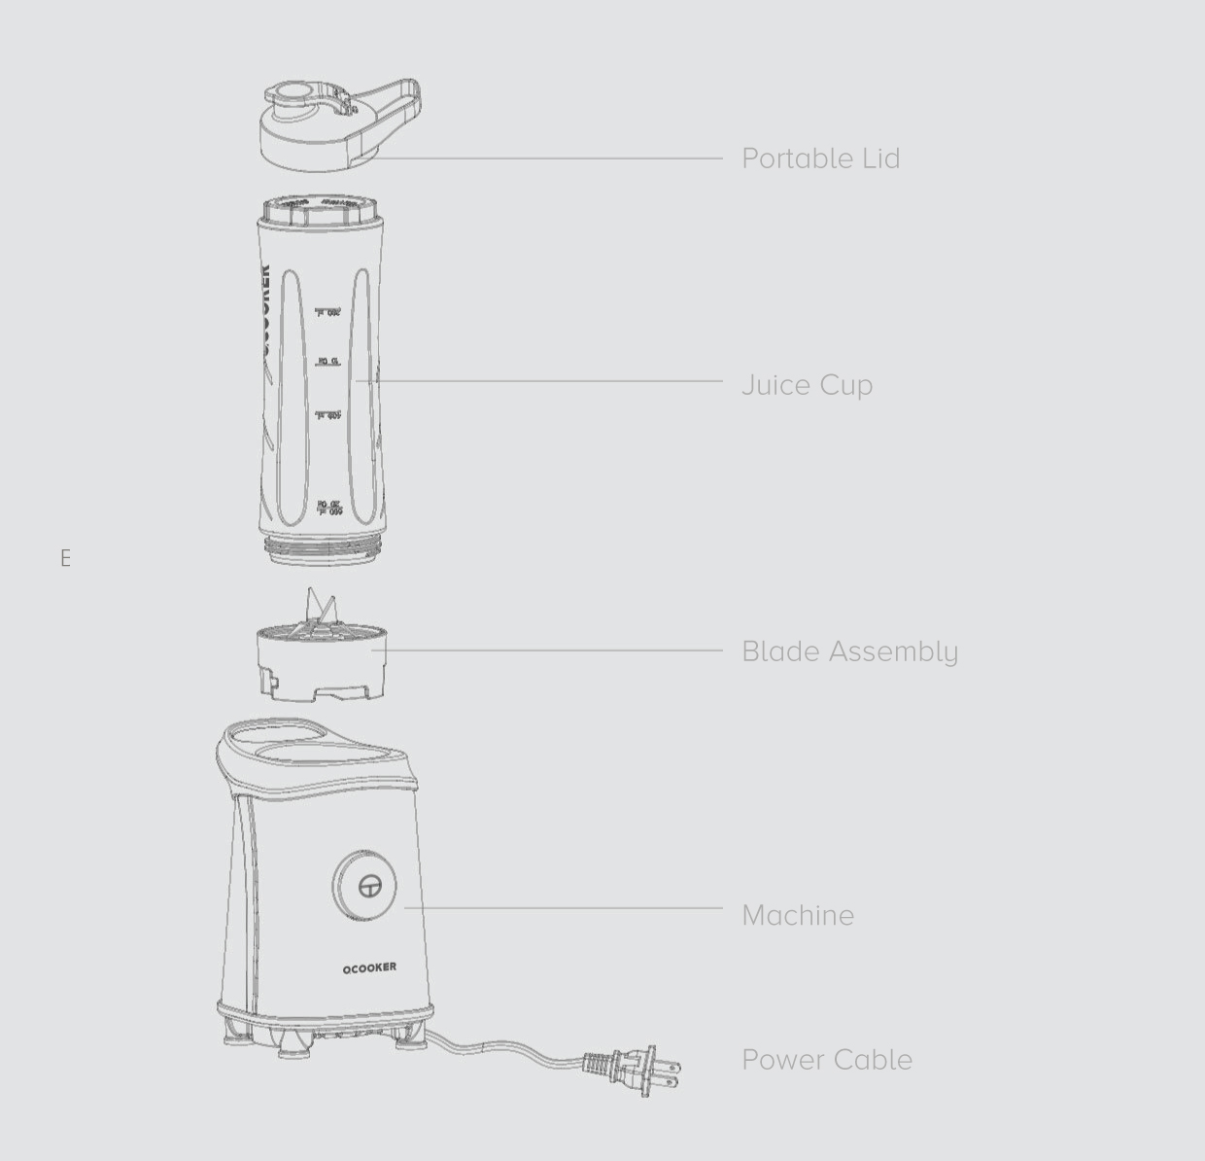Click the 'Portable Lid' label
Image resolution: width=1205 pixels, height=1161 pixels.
[x=820, y=158]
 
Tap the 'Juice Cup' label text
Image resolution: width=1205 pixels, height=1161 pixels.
[x=807, y=385]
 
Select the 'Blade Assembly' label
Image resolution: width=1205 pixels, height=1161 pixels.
[x=849, y=651]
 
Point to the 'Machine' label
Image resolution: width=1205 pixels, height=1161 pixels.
[x=797, y=915]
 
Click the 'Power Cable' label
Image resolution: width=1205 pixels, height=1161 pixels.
[x=826, y=1060]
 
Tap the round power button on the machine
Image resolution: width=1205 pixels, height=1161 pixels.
[x=365, y=885]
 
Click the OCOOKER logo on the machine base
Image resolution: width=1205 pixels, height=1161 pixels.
[x=369, y=967]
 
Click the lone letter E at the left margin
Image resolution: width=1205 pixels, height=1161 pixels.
[x=65, y=558]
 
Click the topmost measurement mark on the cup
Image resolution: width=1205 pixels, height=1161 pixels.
[x=328, y=312]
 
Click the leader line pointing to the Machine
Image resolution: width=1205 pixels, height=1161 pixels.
[x=564, y=908]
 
